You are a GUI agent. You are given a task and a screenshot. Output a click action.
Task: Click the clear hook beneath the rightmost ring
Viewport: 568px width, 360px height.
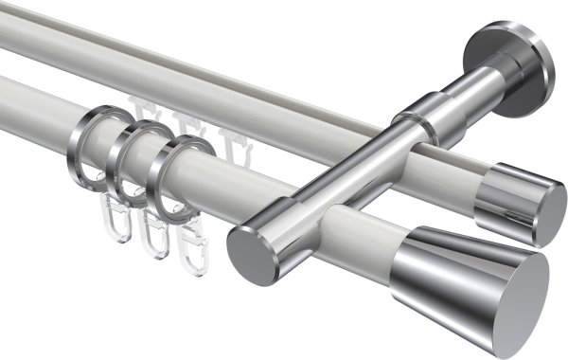click(x=191, y=249)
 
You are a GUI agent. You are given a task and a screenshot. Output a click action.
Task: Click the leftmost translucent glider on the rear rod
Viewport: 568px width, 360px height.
click(x=146, y=112)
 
